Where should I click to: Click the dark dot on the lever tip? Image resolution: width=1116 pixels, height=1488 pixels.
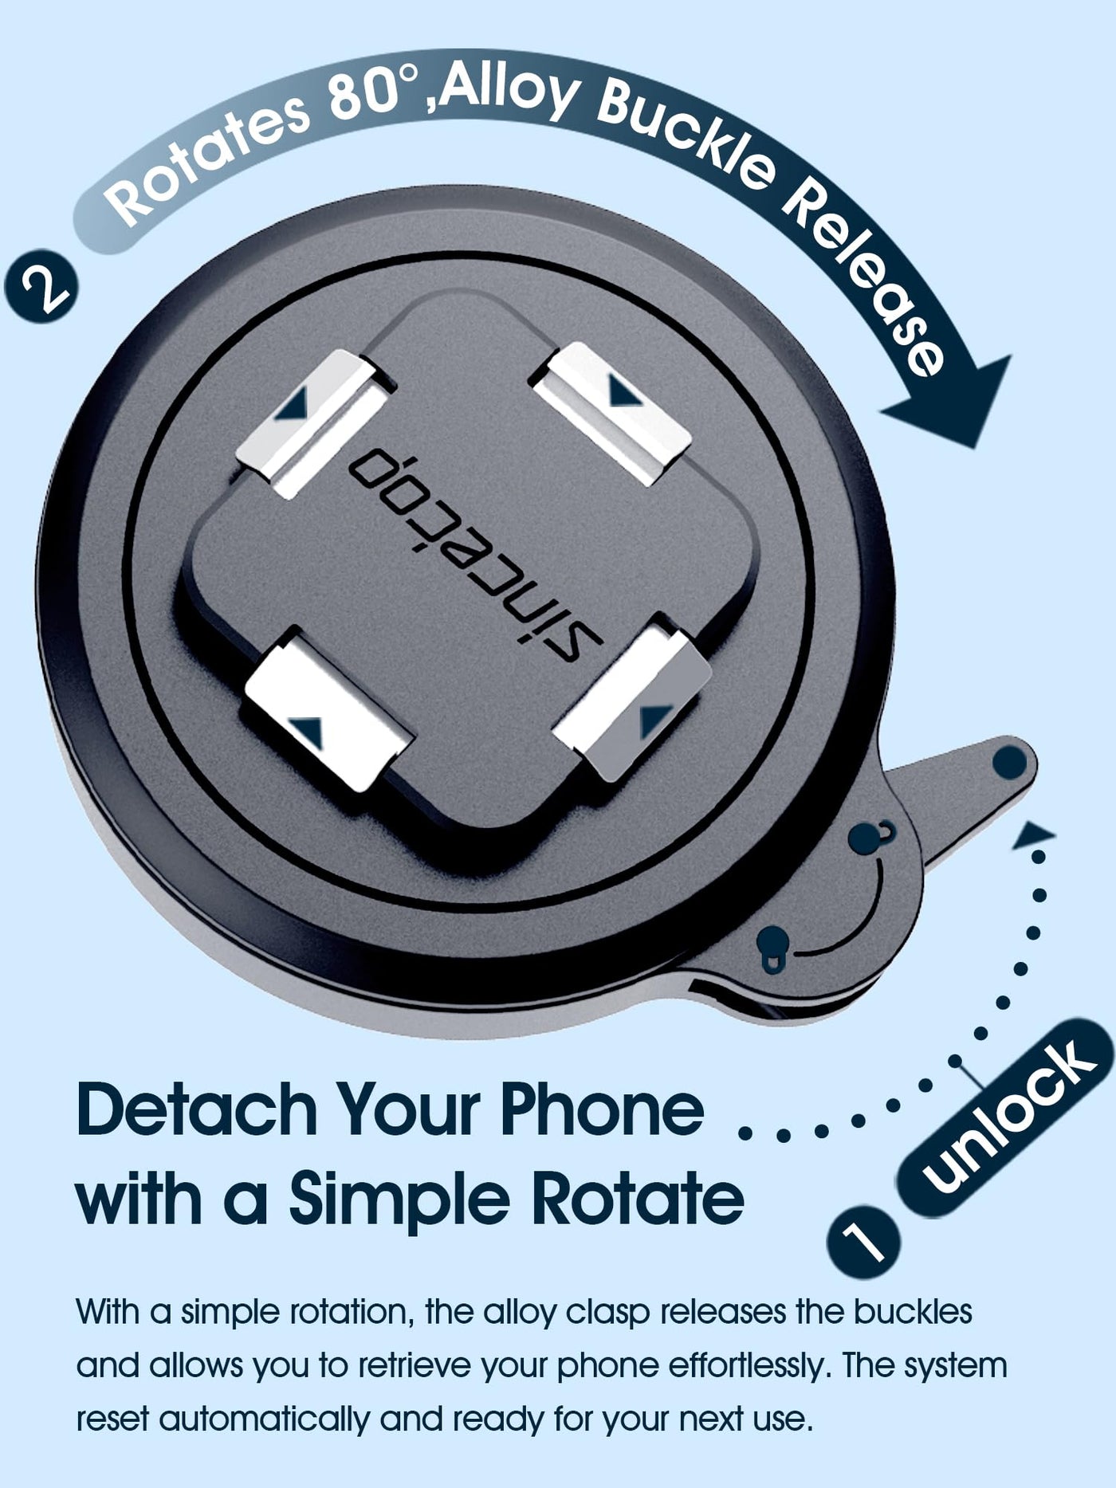click(1009, 764)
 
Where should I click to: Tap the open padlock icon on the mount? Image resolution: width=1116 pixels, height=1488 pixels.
click(870, 835)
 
